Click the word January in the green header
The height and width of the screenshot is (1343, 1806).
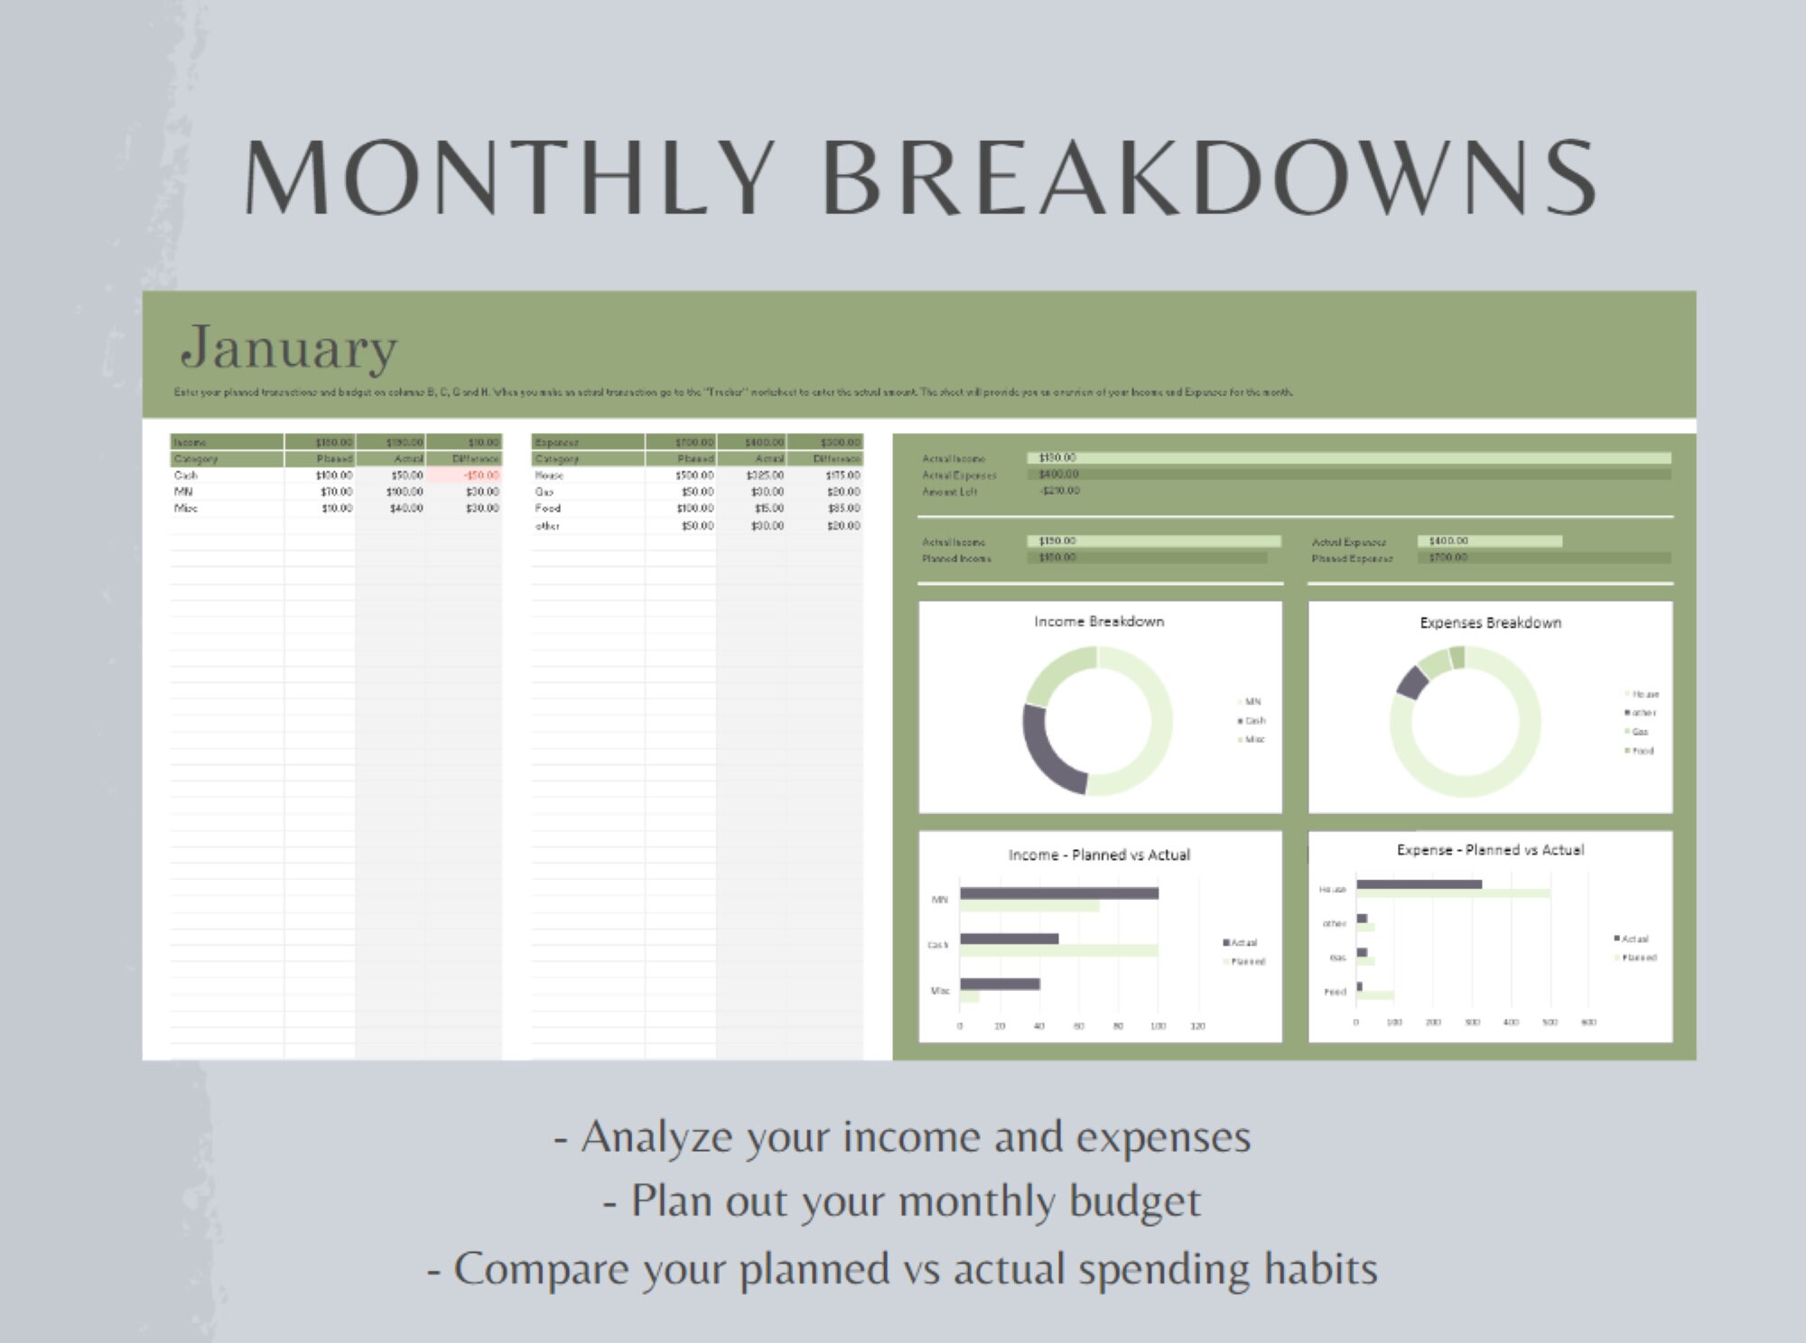tap(289, 347)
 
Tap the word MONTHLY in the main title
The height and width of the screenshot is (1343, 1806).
tap(510, 178)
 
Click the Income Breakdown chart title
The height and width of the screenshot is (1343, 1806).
tap(1099, 622)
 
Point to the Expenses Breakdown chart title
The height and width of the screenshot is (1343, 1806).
tap(1490, 623)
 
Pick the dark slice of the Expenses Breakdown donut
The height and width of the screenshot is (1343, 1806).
tap(1412, 682)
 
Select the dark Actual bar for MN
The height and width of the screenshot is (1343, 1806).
tap(1058, 894)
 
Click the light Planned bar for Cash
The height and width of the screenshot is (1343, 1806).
tap(1058, 950)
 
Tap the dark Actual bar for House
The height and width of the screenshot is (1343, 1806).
tap(1419, 885)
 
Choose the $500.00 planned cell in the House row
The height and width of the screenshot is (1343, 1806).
tap(694, 476)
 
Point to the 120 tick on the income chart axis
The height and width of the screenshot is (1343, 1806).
tap(1198, 1026)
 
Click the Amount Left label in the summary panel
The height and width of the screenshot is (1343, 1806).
tap(949, 492)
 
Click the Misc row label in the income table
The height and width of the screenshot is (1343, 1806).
tap(186, 509)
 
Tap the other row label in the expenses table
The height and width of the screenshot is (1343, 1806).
tap(547, 526)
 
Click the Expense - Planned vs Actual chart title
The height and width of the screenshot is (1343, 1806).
tap(1490, 850)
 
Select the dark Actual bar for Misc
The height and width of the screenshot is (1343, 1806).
tap(1000, 984)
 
